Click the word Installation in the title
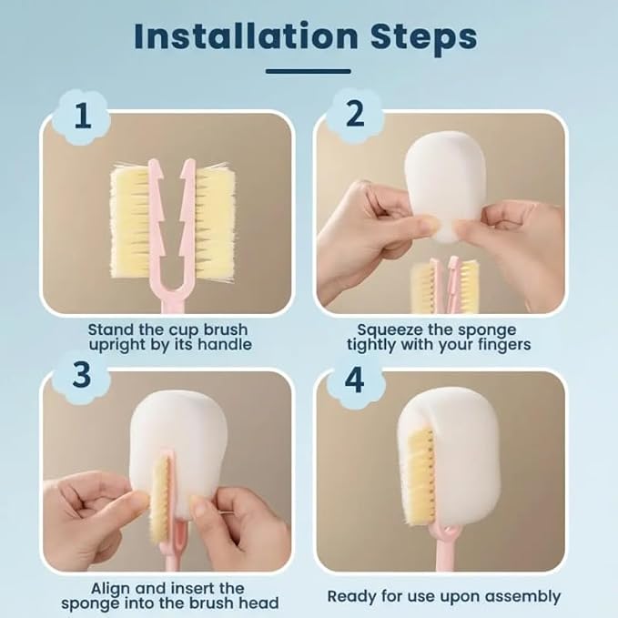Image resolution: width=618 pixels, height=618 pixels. pos(246,36)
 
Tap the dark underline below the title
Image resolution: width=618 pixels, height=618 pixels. pos(309,71)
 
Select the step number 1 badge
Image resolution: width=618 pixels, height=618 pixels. pos(83,117)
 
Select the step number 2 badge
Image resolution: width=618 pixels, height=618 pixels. pos(355,114)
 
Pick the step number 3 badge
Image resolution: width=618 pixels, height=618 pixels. pos(81,374)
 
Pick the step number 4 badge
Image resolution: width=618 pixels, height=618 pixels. pos(354,380)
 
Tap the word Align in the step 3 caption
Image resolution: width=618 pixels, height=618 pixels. pos(111,589)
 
